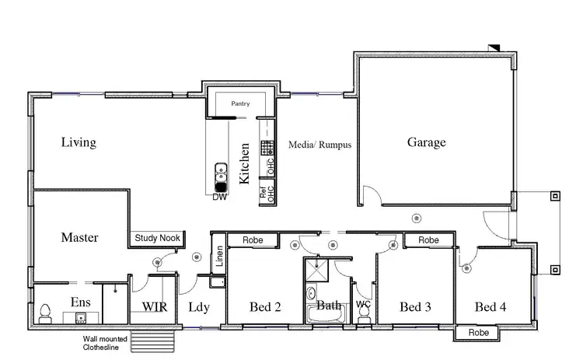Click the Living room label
coord(79,142)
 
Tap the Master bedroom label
coord(79,237)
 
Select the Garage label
coord(427,142)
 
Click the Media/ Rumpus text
coord(320,145)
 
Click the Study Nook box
coord(158,238)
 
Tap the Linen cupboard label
coord(219,257)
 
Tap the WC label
coord(363,306)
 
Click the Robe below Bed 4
coord(477,332)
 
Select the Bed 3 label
coord(415,307)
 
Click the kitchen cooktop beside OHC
coord(266,148)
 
